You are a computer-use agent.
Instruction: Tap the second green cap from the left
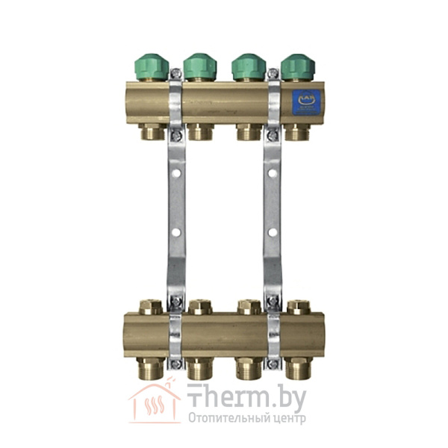coord(199,66)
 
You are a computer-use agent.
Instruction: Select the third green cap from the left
coord(249,66)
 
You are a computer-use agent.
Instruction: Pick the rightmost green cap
coord(297,66)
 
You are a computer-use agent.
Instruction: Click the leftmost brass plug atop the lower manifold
coord(151,306)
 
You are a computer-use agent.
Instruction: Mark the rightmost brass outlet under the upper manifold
coord(297,133)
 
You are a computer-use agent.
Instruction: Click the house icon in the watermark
coord(153,403)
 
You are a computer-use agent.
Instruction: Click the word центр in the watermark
coord(287,418)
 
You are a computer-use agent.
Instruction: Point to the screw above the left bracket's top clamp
coord(176,74)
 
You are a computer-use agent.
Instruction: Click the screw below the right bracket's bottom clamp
coord(273,364)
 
